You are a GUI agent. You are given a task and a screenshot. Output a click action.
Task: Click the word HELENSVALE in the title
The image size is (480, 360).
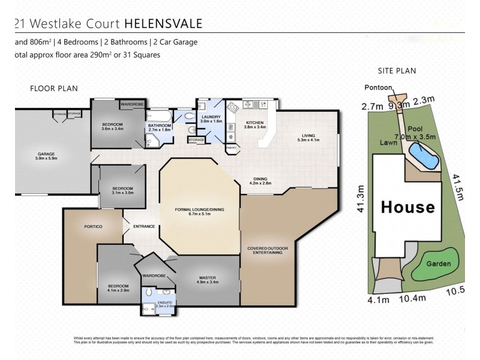pyautogui.click(x=163, y=24)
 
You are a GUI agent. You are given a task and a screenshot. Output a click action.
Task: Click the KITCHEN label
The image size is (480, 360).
pyautogui.click(x=255, y=124)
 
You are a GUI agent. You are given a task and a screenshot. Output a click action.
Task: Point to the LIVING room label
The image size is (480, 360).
pyautogui.click(x=308, y=137)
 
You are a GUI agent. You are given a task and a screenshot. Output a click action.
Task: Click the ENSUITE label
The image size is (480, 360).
pyautogui.click(x=164, y=304)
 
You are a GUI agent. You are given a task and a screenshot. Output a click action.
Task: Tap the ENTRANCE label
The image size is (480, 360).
pyautogui.click(x=144, y=226)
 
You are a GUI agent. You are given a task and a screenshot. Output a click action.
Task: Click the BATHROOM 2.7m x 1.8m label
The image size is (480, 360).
pyautogui.click(x=160, y=127)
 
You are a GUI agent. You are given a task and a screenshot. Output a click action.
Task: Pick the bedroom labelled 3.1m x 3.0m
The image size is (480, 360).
pyautogui.click(x=122, y=191)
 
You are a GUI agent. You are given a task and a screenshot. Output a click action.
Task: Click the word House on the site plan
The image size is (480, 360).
pyautogui.click(x=408, y=208)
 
